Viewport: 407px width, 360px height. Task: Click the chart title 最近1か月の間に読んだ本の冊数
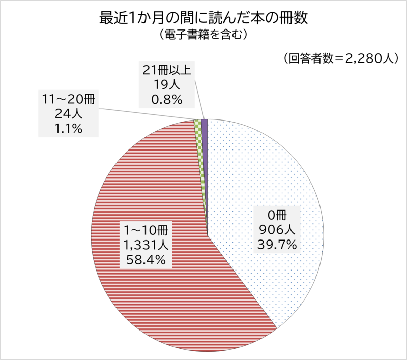coord(203,19)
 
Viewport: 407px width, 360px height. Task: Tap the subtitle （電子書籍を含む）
coord(203,35)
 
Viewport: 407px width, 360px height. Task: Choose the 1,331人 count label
coord(143,246)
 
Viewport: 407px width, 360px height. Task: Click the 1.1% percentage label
coord(68,129)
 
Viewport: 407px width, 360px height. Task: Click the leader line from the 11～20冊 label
coord(148,114)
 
